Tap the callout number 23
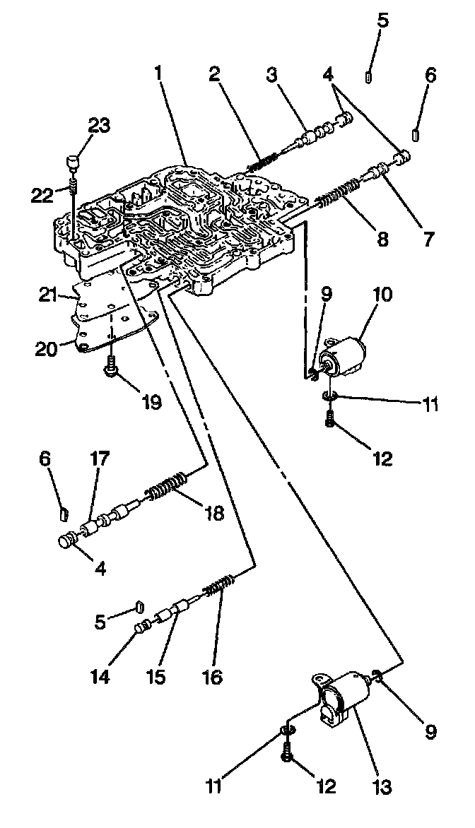pyautogui.click(x=99, y=125)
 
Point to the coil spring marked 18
pyautogui.click(x=168, y=486)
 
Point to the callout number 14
pyautogui.click(x=100, y=676)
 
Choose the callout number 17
pyautogui.click(x=99, y=459)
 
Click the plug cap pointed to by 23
pyautogui.click(x=71, y=162)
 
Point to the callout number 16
pyautogui.click(x=211, y=676)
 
